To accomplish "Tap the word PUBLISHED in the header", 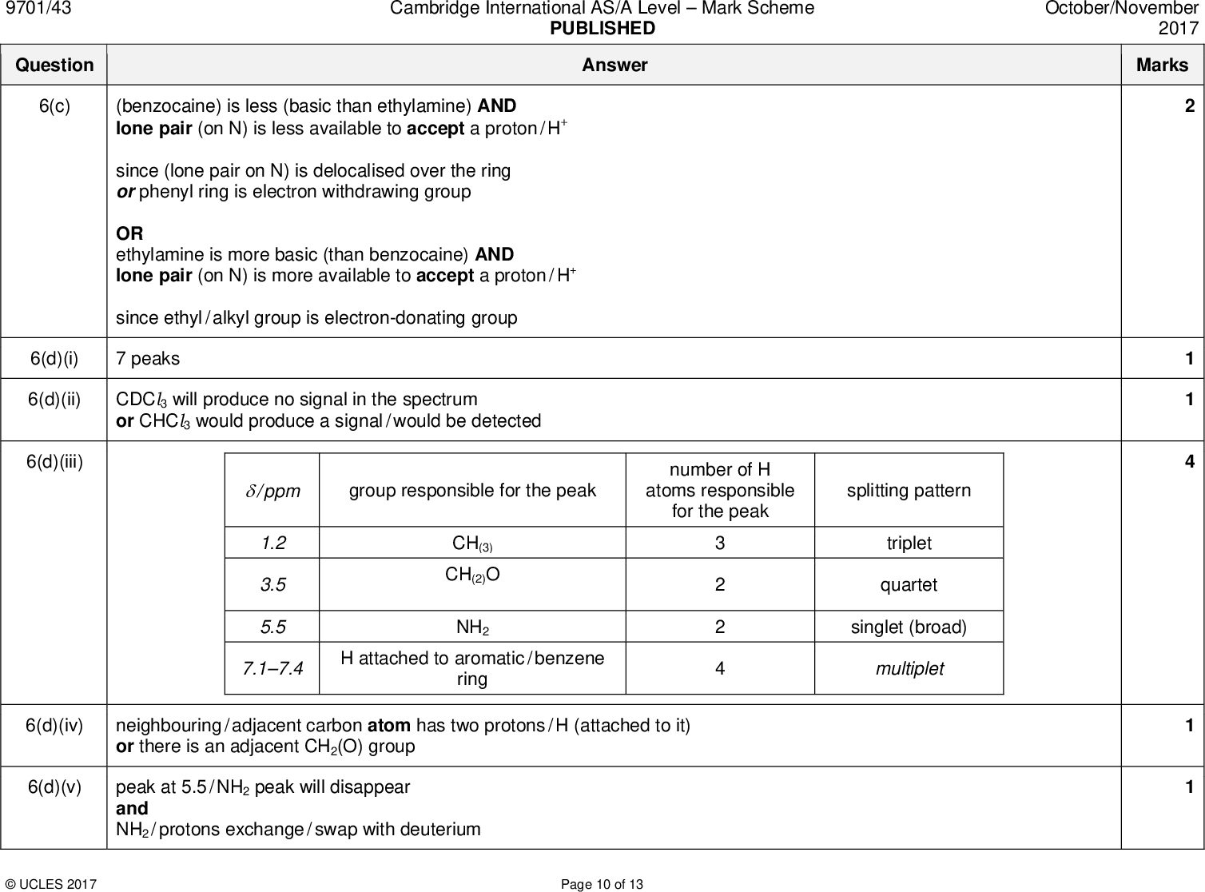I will pyautogui.click(x=602, y=29).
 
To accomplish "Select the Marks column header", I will pyautogui.click(x=1162, y=65).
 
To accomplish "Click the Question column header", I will pyautogui.click(x=54, y=65).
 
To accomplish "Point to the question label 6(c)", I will pyautogui.click(x=54, y=106).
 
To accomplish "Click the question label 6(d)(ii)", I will pyautogui.click(x=54, y=399).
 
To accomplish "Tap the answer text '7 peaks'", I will pyautogui.click(x=148, y=359).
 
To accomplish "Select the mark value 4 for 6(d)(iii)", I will pyautogui.click(x=1189, y=461).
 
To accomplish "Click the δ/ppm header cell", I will pyautogui.click(x=272, y=491).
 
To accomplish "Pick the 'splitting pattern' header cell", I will pyautogui.click(x=909, y=491).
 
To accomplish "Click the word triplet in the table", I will pyautogui.click(x=909, y=544).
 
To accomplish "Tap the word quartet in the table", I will pyautogui.click(x=909, y=585).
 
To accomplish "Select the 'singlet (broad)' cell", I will pyautogui.click(x=909, y=627).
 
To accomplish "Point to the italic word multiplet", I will pyautogui.click(x=909, y=669).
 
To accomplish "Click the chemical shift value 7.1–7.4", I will pyautogui.click(x=272, y=668).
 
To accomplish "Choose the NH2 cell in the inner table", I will pyautogui.click(x=472, y=627).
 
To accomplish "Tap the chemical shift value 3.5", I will pyautogui.click(x=272, y=585).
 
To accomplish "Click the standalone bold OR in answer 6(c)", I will pyautogui.click(x=129, y=233).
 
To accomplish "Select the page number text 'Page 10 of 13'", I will pyautogui.click(x=602, y=884).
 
